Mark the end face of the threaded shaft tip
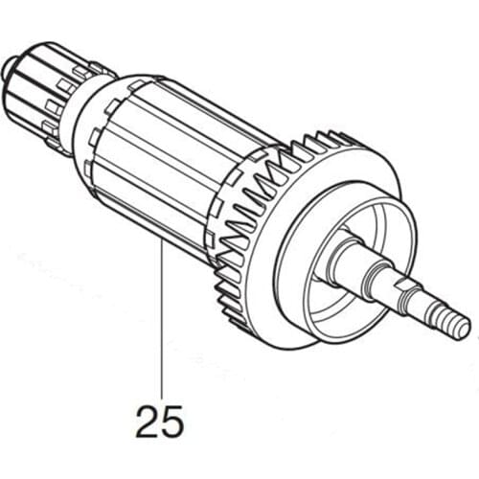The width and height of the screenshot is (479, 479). tap(467, 327)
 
